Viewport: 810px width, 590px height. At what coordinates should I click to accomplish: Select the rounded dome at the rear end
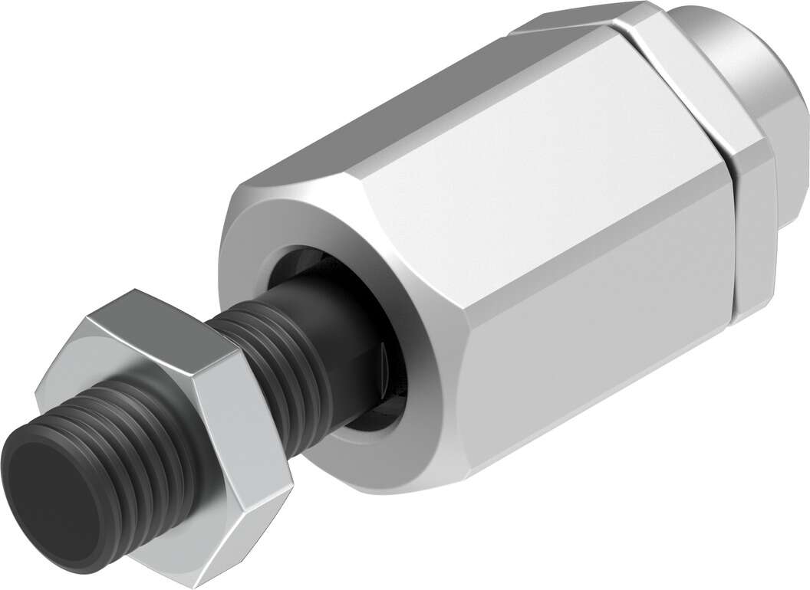coord(759,61)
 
